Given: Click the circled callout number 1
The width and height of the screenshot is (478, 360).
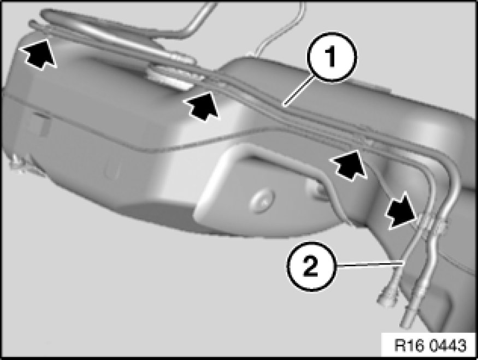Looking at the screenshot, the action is click(332, 57).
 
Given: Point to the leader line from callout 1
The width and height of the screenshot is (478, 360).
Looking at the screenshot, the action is click(298, 91).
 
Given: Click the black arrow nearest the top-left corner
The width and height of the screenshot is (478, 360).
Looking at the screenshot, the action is click(38, 54).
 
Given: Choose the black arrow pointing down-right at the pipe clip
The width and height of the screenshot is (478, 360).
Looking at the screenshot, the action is click(399, 210).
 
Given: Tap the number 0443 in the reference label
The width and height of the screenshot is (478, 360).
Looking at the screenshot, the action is click(448, 346).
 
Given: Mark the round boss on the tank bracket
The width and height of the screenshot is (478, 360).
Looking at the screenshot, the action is click(262, 202).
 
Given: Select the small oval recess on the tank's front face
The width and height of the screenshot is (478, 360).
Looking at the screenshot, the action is click(112, 169).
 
